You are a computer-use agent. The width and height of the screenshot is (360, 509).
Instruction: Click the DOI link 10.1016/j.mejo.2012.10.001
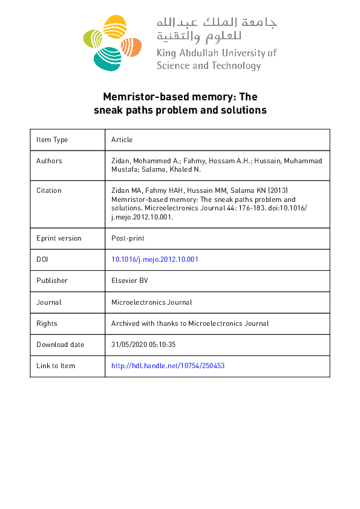[155, 259]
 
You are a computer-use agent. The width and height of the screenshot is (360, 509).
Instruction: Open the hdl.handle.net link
[168, 366]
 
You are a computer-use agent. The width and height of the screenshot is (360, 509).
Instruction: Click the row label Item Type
[52, 140]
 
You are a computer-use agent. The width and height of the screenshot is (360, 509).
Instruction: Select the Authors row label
[49, 161]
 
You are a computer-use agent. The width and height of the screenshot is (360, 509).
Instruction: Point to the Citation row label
[49, 190]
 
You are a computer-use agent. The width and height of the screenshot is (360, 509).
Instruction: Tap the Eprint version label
[59, 238]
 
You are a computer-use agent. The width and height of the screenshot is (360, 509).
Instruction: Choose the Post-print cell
[128, 238]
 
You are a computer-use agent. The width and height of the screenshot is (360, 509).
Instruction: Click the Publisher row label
[52, 280]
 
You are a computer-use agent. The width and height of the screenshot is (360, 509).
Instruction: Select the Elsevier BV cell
[129, 280]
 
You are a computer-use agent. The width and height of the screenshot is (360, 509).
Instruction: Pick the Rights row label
[47, 323]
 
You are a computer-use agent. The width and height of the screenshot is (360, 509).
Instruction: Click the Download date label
[60, 345]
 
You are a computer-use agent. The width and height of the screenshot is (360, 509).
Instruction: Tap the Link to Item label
[56, 366]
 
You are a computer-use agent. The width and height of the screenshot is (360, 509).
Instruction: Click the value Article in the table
[122, 140]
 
